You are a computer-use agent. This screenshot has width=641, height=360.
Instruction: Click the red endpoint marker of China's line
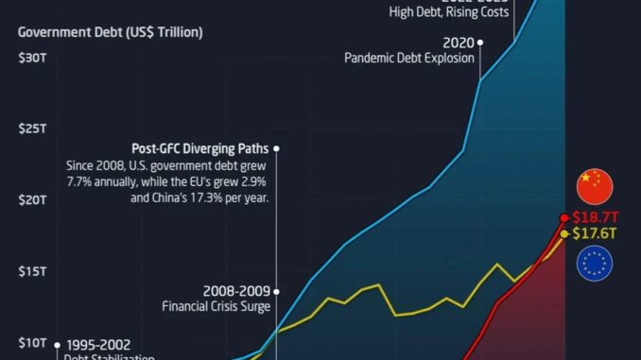[x=565, y=217]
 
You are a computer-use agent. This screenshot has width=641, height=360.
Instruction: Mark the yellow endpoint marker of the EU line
[x=564, y=233]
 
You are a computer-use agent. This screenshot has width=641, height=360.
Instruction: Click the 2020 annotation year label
[x=458, y=42]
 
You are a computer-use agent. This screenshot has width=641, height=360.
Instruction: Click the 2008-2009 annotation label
[x=236, y=290]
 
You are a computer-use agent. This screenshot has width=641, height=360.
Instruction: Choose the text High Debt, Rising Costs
[x=448, y=12]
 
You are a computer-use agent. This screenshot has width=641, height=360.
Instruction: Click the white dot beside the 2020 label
[x=480, y=43]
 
